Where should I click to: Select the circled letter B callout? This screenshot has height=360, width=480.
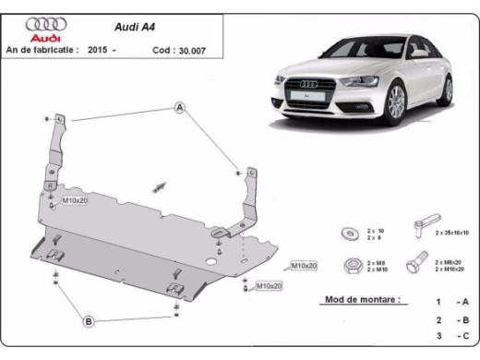tap(89, 321)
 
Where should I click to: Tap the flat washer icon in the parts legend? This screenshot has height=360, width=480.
tap(352, 232)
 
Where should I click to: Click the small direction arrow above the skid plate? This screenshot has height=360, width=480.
tap(160, 186)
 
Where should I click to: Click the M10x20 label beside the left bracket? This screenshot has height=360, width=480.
tap(74, 200)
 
